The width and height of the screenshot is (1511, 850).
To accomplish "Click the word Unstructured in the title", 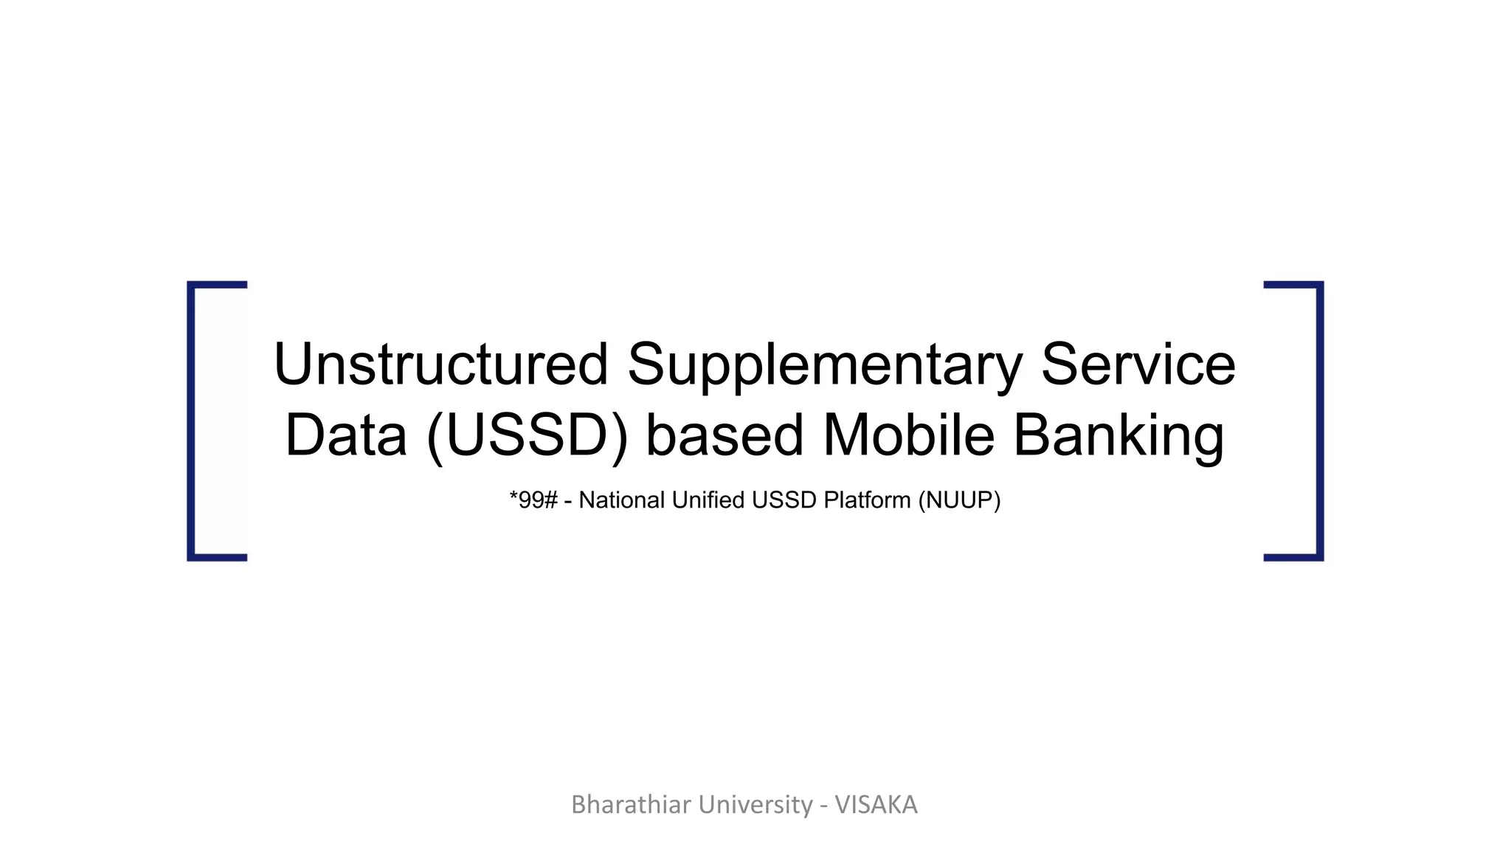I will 440,364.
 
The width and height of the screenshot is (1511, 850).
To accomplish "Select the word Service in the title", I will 1138,364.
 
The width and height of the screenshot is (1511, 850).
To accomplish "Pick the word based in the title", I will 725,435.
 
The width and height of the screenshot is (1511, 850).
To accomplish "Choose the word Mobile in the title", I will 908,435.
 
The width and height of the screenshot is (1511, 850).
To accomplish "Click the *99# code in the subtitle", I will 533,500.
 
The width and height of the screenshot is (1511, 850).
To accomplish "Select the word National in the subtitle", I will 622,500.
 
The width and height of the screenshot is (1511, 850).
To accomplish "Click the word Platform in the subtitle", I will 867,500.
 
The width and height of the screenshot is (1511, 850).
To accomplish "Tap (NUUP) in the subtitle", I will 959,501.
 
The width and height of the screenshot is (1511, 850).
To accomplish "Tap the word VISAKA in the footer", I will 876,804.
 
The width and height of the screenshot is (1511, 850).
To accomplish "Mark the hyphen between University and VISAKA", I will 823,806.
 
